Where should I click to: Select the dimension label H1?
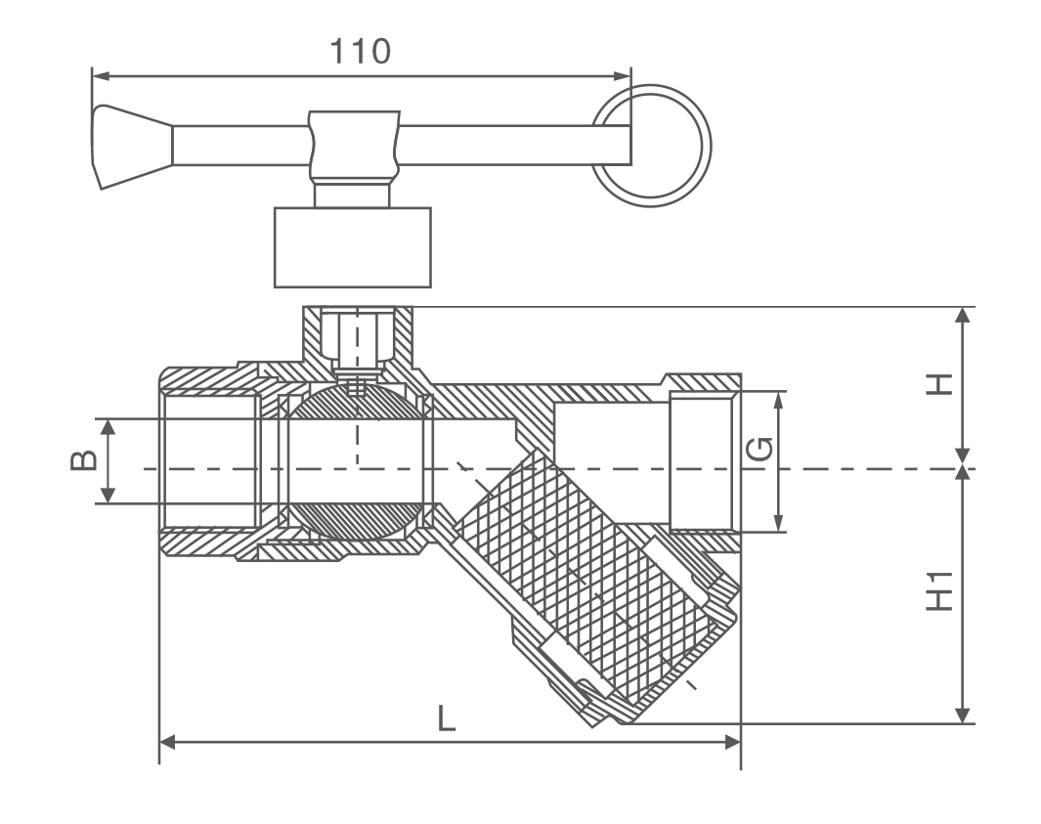[x=939, y=594]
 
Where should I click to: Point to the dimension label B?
[x=83, y=460]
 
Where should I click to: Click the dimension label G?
[x=760, y=450]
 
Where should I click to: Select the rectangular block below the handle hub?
[x=352, y=246]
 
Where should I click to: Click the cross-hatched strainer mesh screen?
[x=577, y=577]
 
